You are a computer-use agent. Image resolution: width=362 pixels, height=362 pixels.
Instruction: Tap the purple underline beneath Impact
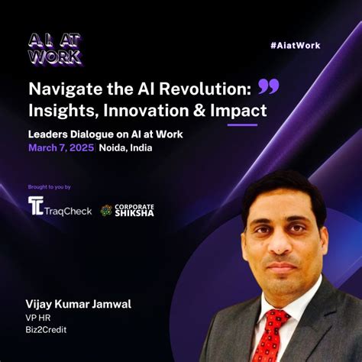pos(242,124)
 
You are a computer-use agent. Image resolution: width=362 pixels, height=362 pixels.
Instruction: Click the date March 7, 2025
pos(60,147)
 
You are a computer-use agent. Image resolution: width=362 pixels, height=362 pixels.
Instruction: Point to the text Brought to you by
pos(49,186)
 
